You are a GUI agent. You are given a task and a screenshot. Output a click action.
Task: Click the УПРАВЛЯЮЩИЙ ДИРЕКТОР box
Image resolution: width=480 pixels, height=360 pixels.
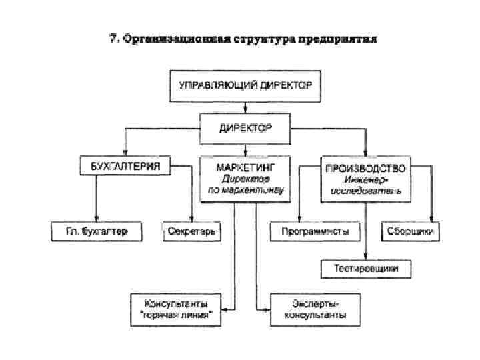(245, 85)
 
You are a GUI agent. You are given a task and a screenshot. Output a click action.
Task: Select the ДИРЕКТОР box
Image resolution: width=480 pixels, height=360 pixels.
(245, 127)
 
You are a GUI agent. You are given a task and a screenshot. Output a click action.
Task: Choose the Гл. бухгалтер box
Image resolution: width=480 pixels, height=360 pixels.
(97, 231)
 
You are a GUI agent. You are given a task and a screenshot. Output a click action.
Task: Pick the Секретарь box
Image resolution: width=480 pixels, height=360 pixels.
(192, 231)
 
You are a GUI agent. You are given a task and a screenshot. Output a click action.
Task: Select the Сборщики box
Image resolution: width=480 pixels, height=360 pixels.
(411, 231)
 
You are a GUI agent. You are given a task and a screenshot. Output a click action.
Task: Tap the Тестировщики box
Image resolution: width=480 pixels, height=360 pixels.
(365, 269)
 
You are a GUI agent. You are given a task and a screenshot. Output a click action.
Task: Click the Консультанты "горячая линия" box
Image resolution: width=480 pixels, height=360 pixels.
(175, 308)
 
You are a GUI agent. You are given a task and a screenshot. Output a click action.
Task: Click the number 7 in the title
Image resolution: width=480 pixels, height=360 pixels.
(113, 39)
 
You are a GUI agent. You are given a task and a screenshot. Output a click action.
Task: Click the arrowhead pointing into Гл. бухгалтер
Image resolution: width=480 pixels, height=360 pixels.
(97, 220)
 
